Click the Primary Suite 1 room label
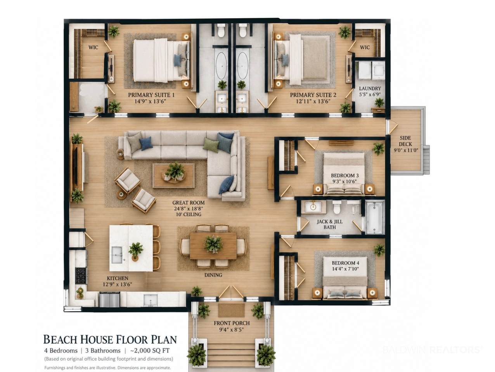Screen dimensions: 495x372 (x=151, y=95)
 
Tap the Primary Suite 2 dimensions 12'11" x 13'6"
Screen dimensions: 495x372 (x=313, y=102)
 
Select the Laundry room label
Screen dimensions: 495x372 (x=370, y=88)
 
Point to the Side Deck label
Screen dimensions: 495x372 (x=405, y=141)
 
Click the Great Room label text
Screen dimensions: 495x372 (x=189, y=203)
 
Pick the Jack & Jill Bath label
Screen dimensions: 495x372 (x=330, y=224)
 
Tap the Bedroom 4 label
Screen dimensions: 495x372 (x=346, y=263)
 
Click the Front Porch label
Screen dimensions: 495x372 (x=232, y=323)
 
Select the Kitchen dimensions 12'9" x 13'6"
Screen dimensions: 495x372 (x=117, y=284)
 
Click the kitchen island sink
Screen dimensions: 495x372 (x=117, y=255)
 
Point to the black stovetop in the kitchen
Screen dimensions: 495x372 (x=81, y=276)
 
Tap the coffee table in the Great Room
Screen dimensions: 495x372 (x=173, y=176)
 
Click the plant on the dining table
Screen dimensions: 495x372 (x=213, y=244)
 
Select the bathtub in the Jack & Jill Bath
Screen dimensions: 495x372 (x=375, y=218)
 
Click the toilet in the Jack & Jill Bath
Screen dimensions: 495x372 (x=337, y=207)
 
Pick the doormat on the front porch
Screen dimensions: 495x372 (x=231, y=310)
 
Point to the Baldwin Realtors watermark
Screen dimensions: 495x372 (x=433, y=350)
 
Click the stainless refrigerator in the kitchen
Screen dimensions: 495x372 (x=110, y=300)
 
